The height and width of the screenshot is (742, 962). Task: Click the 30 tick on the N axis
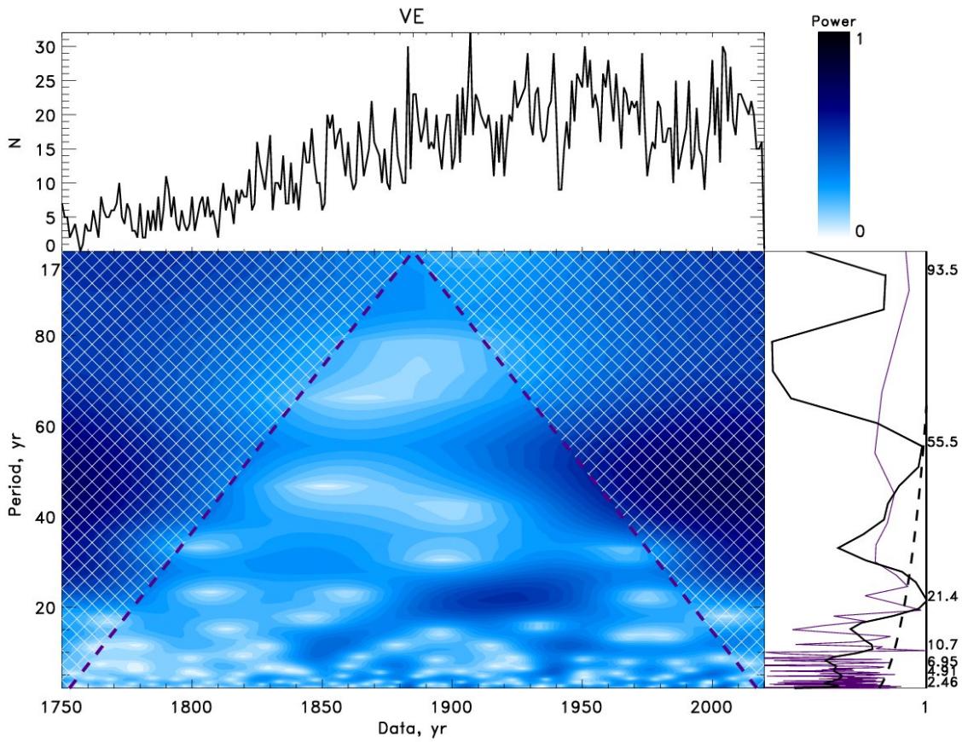pos(43,47)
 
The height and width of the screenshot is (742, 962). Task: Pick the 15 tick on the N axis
pos(43,148)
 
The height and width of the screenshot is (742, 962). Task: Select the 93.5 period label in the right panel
pos(944,270)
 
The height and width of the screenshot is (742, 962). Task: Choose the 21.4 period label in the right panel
pos(944,594)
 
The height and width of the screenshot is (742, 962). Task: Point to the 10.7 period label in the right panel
pos(944,644)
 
